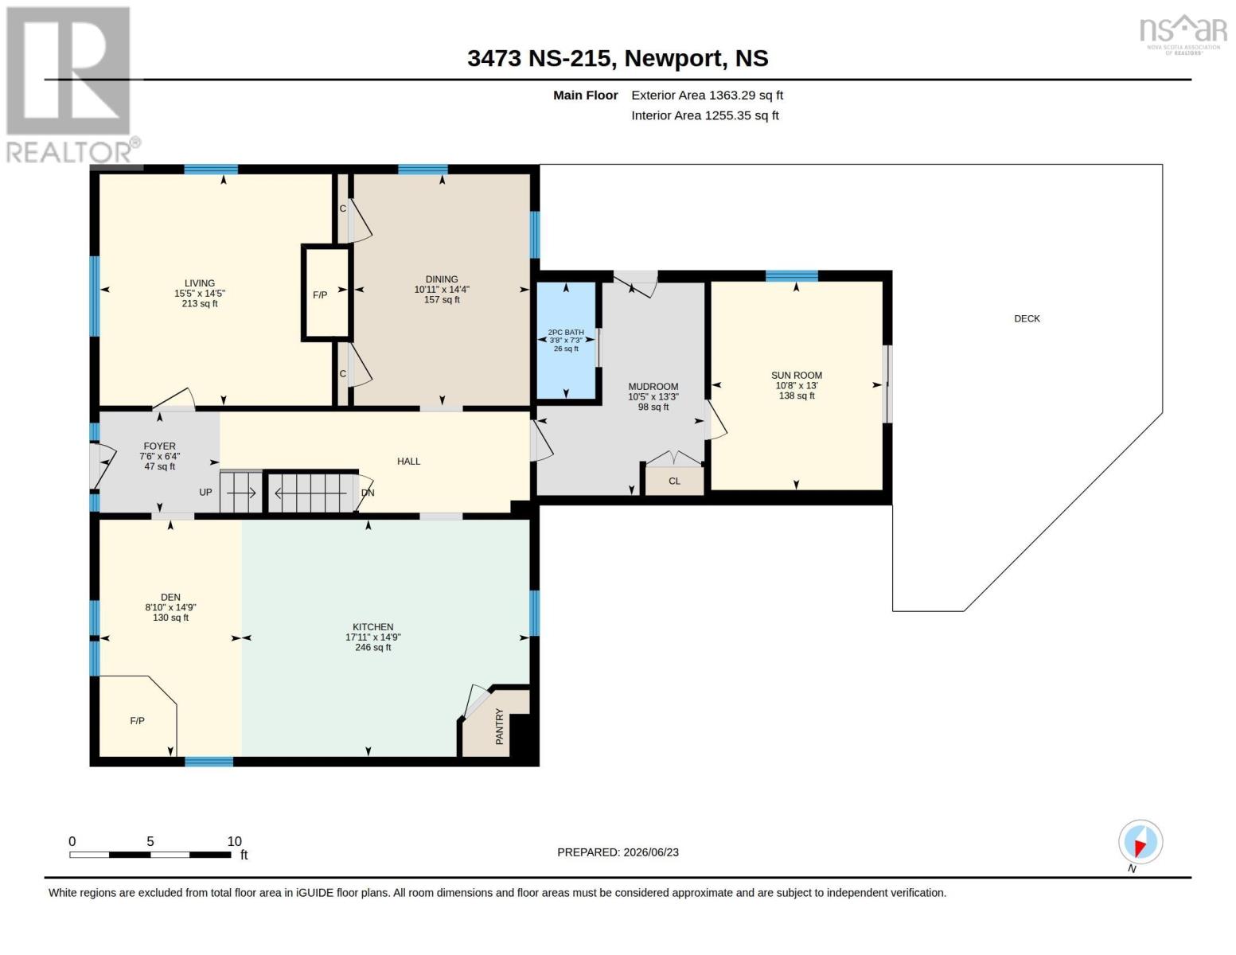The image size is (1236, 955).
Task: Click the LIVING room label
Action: [200, 283]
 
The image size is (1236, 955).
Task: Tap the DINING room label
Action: [442, 279]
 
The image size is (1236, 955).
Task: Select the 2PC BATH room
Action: [566, 340]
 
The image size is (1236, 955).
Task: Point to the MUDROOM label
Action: [653, 387]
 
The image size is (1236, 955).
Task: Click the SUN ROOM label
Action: [797, 376]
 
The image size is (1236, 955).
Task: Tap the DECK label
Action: [1027, 319]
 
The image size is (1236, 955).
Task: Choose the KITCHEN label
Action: [372, 627]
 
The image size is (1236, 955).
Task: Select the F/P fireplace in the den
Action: [138, 717]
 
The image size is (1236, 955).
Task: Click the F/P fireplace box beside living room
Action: [325, 293]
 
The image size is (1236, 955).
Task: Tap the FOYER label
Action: [159, 446]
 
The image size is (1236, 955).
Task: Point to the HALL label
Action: [408, 462]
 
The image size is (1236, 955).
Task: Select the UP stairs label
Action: [205, 493]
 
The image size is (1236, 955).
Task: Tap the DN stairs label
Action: [368, 493]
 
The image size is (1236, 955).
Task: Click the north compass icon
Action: [1140, 843]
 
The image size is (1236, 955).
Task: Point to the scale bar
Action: [150, 855]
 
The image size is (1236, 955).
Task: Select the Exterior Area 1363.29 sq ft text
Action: [707, 95]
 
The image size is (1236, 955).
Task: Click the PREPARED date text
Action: [618, 852]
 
